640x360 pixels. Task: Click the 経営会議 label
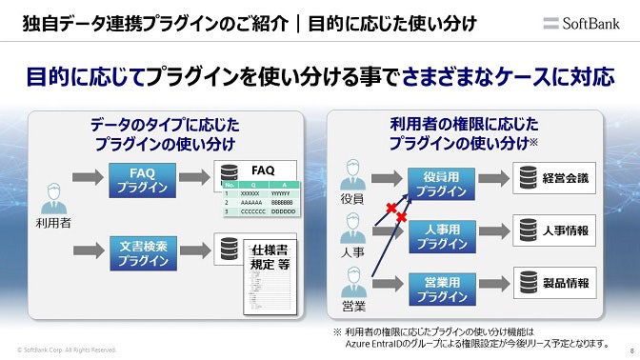tap(566, 178)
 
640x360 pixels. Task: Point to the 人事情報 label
tap(566, 230)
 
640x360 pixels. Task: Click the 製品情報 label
tap(566, 283)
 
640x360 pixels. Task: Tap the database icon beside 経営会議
tap(526, 178)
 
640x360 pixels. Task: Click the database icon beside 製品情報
tap(526, 283)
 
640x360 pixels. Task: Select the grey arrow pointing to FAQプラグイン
tap(87, 177)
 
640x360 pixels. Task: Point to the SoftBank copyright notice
tap(67, 350)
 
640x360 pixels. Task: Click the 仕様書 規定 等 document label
tap(270, 257)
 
